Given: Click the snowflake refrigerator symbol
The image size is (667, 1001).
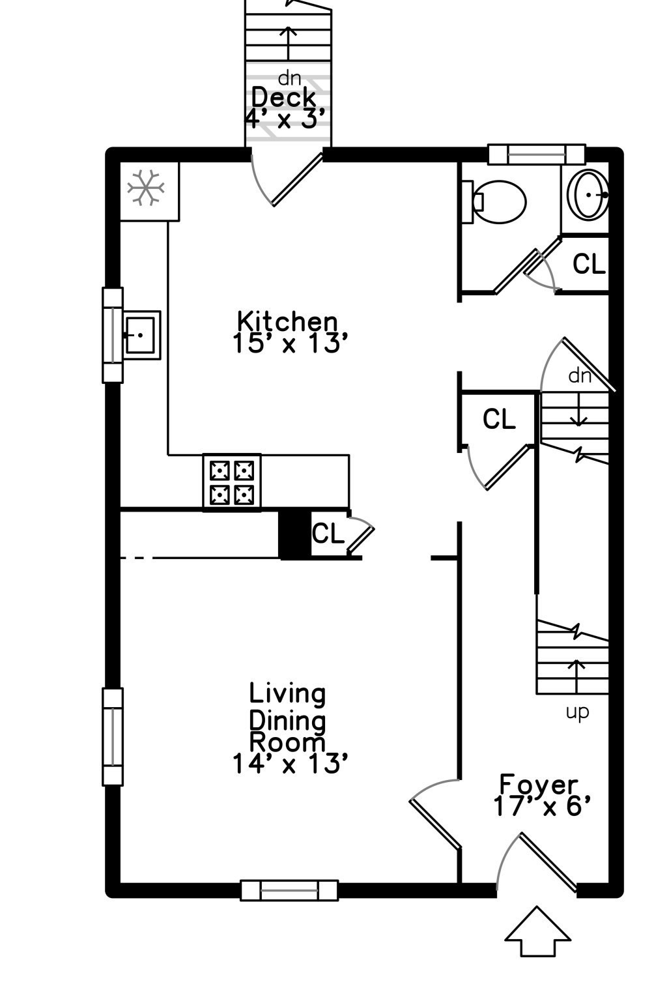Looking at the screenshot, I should pyautogui.click(x=145, y=188).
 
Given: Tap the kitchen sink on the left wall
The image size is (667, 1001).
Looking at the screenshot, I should pyautogui.click(x=140, y=335).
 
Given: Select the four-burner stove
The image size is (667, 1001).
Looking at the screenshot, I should pyautogui.click(x=231, y=482).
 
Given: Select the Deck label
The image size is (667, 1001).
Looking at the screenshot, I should pyautogui.click(x=283, y=98).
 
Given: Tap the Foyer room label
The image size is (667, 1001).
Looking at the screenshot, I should pyautogui.click(x=539, y=784).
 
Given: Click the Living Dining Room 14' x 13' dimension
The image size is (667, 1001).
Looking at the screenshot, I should pyautogui.click(x=287, y=764).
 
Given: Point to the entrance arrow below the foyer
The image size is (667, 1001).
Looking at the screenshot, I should pyautogui.click(x=538, y=932).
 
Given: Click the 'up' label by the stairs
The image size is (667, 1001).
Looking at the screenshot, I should pyautogui.click(x=577, y=712).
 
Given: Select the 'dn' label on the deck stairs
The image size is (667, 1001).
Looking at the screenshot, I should pyautogui.click(x=289, y=78).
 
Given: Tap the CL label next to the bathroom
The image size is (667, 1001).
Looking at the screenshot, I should pyautogui.click(x=589, y=264).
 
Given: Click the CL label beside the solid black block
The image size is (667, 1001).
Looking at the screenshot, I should pyautogui.click(x=328, y=534).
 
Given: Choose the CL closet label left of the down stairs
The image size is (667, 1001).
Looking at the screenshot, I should pyautogui.click(x=499, y=419).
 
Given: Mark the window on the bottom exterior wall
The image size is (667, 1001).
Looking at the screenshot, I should pyautogui.click(x=289, y=890).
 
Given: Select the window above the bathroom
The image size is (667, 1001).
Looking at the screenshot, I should pyautogui.click(x=537, y=154).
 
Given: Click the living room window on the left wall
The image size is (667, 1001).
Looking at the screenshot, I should pyautogui.click(x=113, y=736).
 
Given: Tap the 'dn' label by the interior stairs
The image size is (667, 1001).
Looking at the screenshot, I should pyautogui.click(x=580, y=376).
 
